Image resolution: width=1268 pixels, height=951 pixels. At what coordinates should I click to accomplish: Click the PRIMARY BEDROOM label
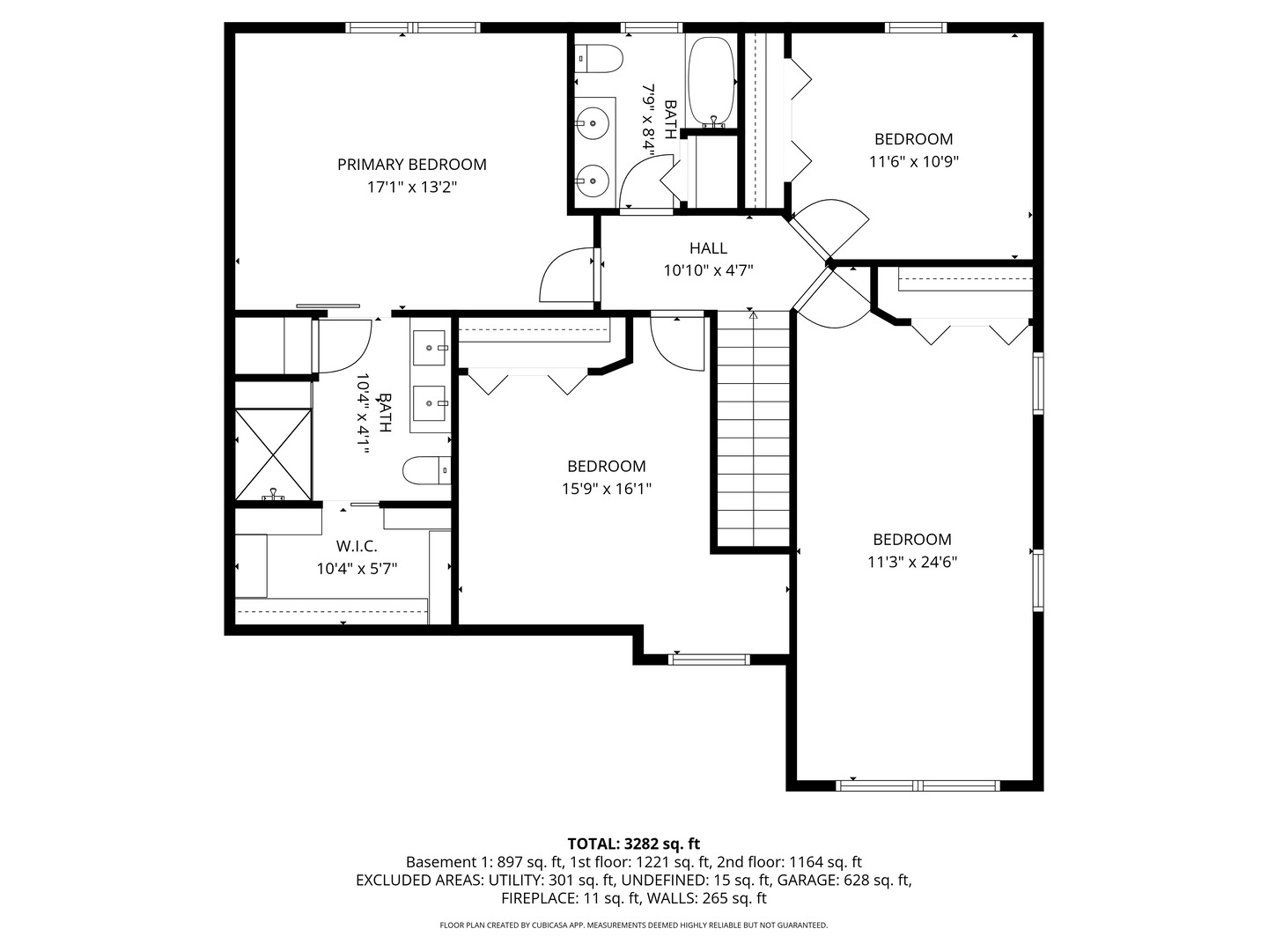(411, 165)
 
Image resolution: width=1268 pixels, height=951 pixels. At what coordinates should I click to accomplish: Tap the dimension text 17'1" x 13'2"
(411, 188)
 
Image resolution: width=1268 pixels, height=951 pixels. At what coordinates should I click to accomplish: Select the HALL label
(708, 248)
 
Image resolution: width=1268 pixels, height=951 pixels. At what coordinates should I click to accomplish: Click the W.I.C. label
(357, 546)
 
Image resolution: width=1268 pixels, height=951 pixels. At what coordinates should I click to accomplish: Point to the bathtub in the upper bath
(711, 80)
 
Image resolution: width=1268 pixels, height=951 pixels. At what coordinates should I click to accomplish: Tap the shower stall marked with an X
(273, 453)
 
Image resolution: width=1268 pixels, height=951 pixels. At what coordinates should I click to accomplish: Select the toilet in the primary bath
(427, 470)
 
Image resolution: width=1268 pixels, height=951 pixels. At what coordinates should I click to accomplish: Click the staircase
(752, 431)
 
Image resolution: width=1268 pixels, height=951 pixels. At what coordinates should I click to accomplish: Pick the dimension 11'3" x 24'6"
(912, 562)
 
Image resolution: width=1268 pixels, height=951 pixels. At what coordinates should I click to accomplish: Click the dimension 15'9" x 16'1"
(606, 489)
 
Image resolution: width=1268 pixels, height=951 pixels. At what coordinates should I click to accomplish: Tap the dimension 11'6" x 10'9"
(913, 162)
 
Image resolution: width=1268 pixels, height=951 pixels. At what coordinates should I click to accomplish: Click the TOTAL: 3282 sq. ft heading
(633, 844)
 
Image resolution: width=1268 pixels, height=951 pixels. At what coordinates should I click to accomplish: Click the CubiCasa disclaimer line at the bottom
(633, 925)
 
